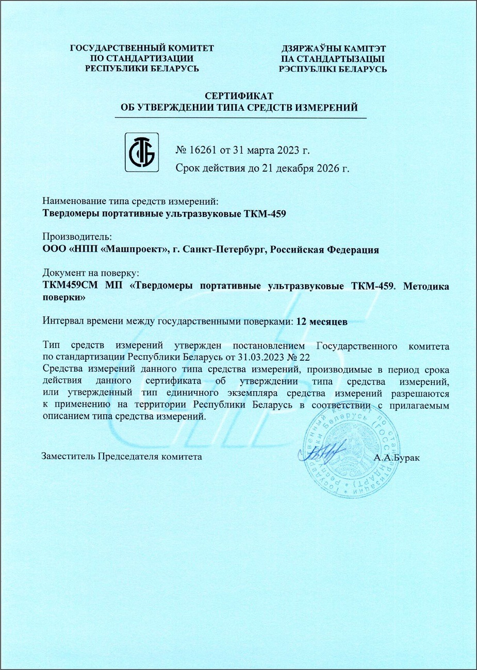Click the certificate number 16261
pos(203,150)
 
